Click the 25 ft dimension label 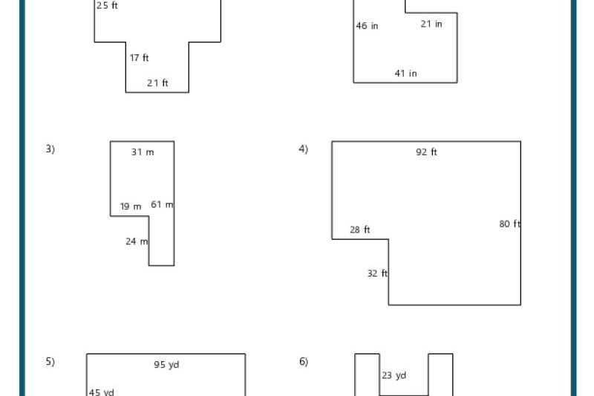(107, 6)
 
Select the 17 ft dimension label (140, 58)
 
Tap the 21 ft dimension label (157, 83)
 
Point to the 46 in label (367, 26)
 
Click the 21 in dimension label (431, 24)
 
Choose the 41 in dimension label (405, 74)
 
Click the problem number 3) (50, 149)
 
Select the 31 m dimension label (143, 152)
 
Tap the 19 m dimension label (131, 207)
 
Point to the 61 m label (162, 204)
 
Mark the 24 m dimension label (137, 241)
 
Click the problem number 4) (303, 149)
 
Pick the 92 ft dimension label (426, 152)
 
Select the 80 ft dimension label (509, 224)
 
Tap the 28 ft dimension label (360, 230)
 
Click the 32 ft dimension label (377, 273)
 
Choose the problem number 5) (50, 362)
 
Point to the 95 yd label (166, 365)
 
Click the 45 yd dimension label (102, 392)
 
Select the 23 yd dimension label (394, 376)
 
